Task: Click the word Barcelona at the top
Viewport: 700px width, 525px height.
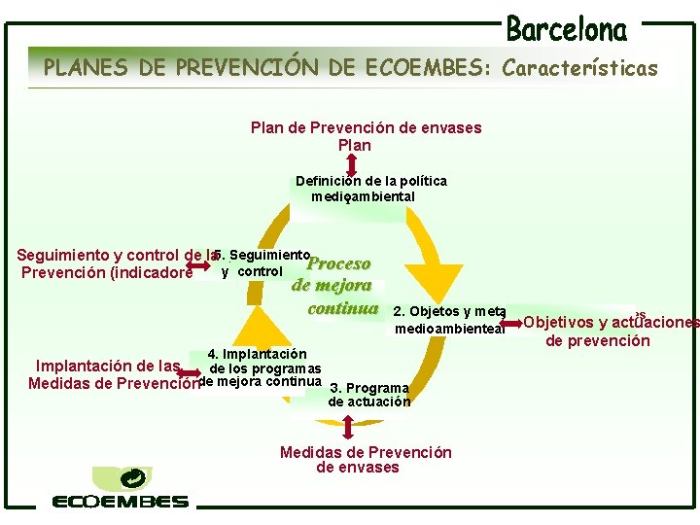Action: (567, 29)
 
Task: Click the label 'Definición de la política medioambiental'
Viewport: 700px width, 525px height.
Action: (370, 189)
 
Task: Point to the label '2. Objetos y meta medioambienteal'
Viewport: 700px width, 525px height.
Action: (449, 320)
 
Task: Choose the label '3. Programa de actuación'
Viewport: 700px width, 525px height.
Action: (369, 395)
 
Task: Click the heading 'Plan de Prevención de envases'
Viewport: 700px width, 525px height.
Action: (366, 127)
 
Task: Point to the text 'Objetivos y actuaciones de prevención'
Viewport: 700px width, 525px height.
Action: (611, 332)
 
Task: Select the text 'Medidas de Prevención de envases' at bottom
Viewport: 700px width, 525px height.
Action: (365, 460)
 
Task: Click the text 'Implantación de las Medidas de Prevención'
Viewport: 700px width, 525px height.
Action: (112, 374)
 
